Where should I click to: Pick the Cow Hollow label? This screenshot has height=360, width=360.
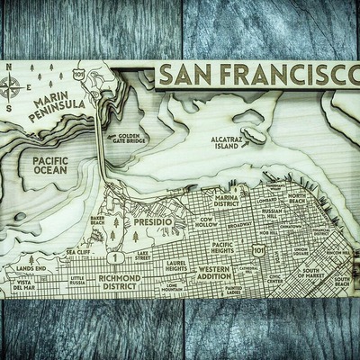click(211, 222)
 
